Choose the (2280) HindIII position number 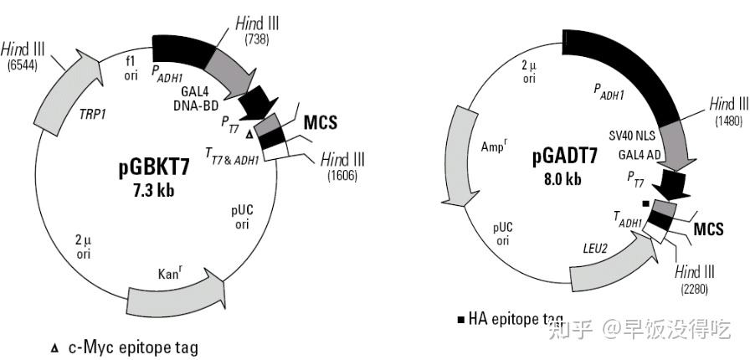(x=696, y=288)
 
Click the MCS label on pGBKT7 (x=320, y=123)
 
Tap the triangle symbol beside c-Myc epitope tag (x=55, y=347)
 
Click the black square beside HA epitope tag (x=460, y=320)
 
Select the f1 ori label (x=130, y=68)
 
